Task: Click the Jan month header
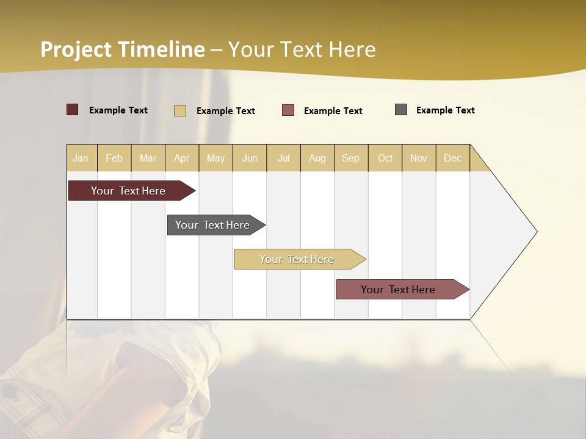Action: click(x=81, y=158)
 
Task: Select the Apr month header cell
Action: click(x=182, y=158)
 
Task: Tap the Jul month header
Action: click(x=283, y=158)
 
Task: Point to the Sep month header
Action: click(x=351, y=158)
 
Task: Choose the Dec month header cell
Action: click(x=452, y=158)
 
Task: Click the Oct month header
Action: click(x=385, y=158)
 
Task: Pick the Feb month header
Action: click(x=114, y=158)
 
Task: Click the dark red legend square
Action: click(x=73, y=110)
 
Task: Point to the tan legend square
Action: click(x=179, y=110)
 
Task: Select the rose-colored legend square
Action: click(x=288, y=110)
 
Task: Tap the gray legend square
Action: click(x=401, y=110)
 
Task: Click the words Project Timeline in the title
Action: click(x=123, y=49)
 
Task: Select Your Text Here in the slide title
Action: click(x=302, y=49)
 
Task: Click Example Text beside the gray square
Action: click(x=445, y=110)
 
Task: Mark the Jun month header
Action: click(x=250, y=158)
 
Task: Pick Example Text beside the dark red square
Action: click(x=118, y=110)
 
